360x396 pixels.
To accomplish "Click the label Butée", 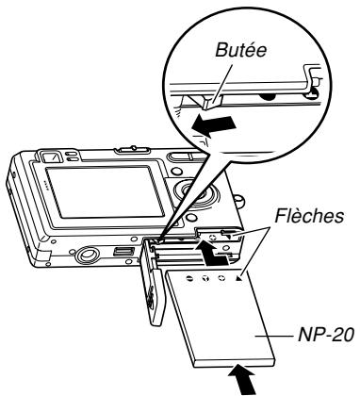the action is [x=240, y=50].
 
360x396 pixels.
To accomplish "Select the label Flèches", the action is [x=309, y=216].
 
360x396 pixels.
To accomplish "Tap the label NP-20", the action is [x=326, y=335].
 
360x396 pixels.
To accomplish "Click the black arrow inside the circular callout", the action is [x=214, y=124].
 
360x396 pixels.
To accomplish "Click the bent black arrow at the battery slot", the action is [x=211, y=253].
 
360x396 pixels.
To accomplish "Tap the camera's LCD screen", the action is [x=105, y=192].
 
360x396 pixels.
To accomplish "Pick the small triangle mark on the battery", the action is [x=239, y=278].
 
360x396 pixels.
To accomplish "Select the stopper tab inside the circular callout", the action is [x=211, y=103].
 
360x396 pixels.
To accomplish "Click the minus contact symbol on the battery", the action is [x=189, y=278].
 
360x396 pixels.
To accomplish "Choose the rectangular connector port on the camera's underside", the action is [x=123, y=252].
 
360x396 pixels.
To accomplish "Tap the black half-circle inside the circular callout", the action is [x=268, y=97].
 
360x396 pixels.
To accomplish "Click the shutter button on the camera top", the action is [x=134, y=150].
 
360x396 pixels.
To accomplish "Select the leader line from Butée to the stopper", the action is [x=222, y=83].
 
